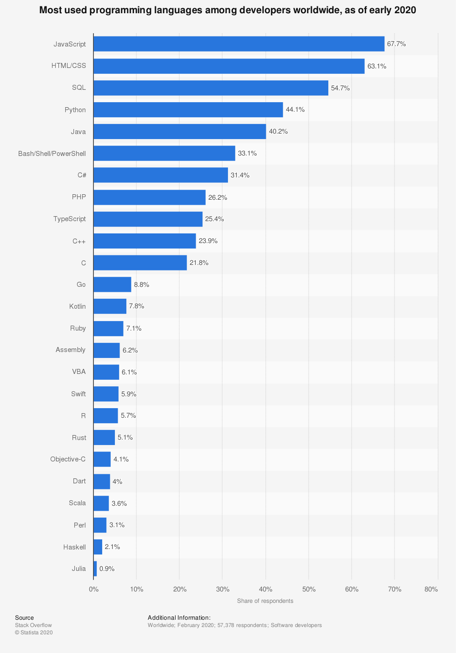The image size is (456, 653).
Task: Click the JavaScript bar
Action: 238,44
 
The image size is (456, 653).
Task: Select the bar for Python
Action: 188,110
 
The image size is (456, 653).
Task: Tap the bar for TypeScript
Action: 148,219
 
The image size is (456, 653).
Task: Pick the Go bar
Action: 112,285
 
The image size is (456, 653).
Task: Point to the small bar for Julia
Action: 95,569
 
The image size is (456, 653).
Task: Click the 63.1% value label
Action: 377,66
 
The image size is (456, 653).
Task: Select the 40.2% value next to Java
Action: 278,131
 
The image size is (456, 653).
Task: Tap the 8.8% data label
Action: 141,285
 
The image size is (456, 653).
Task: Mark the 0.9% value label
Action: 107,569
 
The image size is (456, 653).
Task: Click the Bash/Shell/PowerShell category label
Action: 52,154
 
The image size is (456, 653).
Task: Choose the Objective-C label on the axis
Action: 68,459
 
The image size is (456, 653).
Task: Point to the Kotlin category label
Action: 78,306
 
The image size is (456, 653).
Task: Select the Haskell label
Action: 74,547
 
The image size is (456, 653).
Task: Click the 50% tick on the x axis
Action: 309,589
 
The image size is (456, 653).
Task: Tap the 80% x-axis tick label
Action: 431,589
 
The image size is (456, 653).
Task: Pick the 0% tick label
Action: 93,589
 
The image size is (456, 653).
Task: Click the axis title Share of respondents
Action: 265,601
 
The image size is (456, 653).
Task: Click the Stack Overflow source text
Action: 33,625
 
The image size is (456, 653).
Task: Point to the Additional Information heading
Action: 179,618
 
